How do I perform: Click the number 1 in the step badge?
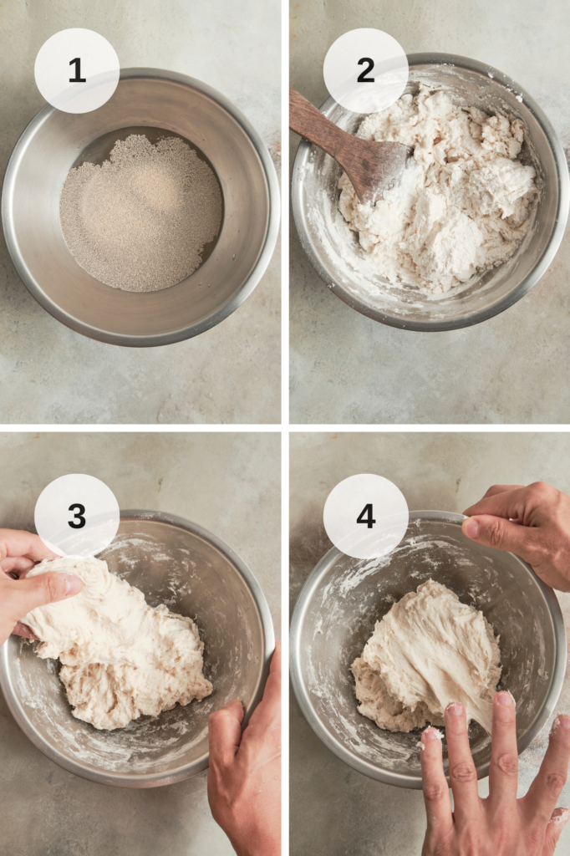(77, 70)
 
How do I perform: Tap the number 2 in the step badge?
(366, 70)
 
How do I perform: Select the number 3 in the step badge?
(77, 516)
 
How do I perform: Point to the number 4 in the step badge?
(366, 516)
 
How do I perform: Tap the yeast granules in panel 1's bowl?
(141, 213)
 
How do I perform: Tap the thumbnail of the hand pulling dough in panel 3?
(74, 584)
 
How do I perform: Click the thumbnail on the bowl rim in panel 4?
(471, 527)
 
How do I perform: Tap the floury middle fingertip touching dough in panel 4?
(455, 711)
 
